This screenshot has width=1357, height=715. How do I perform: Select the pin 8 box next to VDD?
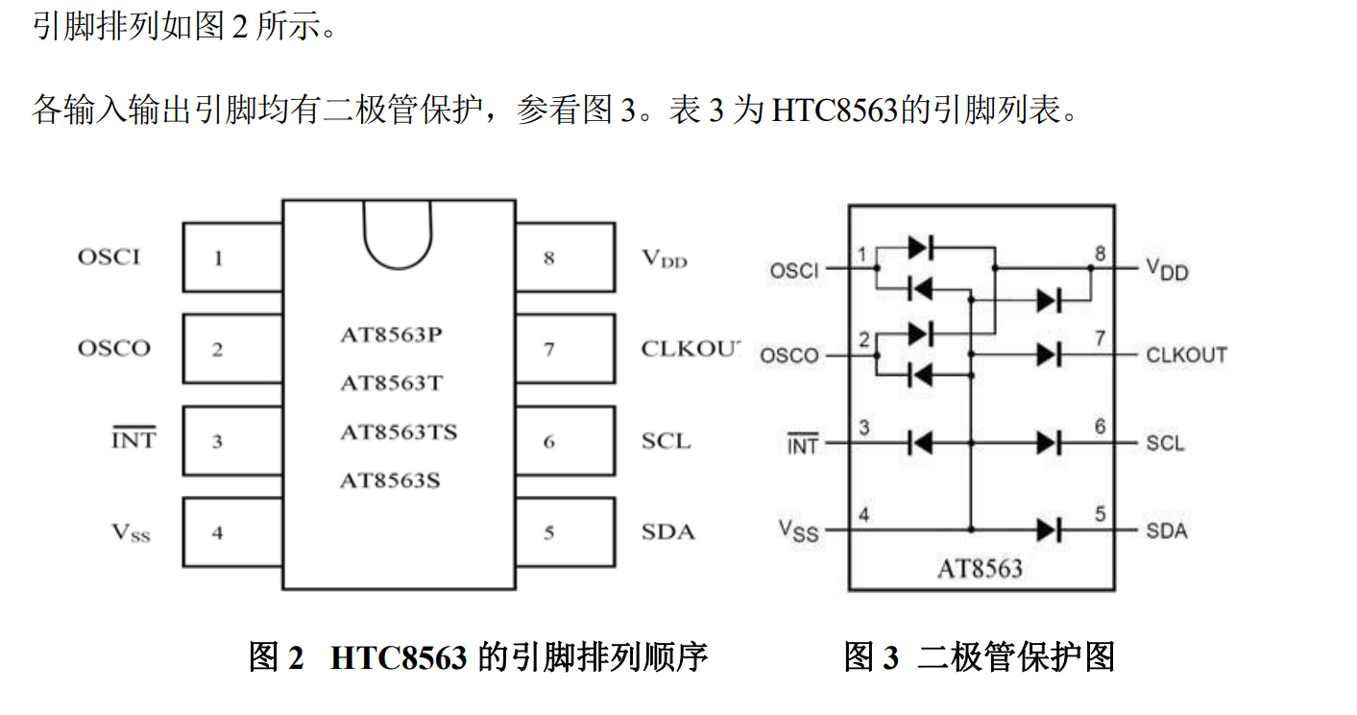(565, 258)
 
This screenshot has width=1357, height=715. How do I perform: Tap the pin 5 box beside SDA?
(565, 531)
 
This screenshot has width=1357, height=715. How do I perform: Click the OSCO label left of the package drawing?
(114, 348)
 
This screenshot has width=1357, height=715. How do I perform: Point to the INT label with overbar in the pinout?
(133, 441)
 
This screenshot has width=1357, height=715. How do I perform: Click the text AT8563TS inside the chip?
(398, 432)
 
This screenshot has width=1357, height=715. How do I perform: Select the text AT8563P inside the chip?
(391, 335)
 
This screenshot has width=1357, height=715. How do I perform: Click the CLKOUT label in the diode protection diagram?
(1186, 356)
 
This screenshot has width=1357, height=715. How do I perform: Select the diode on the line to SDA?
(1048, 530)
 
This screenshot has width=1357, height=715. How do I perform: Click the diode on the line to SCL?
(1048, 443)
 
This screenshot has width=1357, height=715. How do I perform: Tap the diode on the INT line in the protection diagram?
(920, 443)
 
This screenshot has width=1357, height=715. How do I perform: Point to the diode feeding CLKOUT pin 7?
(1048, 355)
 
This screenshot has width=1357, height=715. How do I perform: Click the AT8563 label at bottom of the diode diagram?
(980, 569)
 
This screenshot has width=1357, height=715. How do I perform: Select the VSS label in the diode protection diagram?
(798, 530)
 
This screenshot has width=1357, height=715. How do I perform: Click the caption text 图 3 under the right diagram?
(871, 657)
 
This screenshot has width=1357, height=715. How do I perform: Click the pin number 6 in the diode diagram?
(1101, 427)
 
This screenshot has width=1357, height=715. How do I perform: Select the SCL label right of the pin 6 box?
(666, 441)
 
